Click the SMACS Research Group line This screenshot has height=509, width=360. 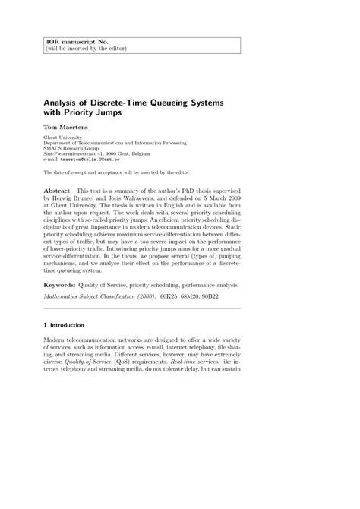click(71, 147)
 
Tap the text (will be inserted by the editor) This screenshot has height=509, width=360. click(86, 48)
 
